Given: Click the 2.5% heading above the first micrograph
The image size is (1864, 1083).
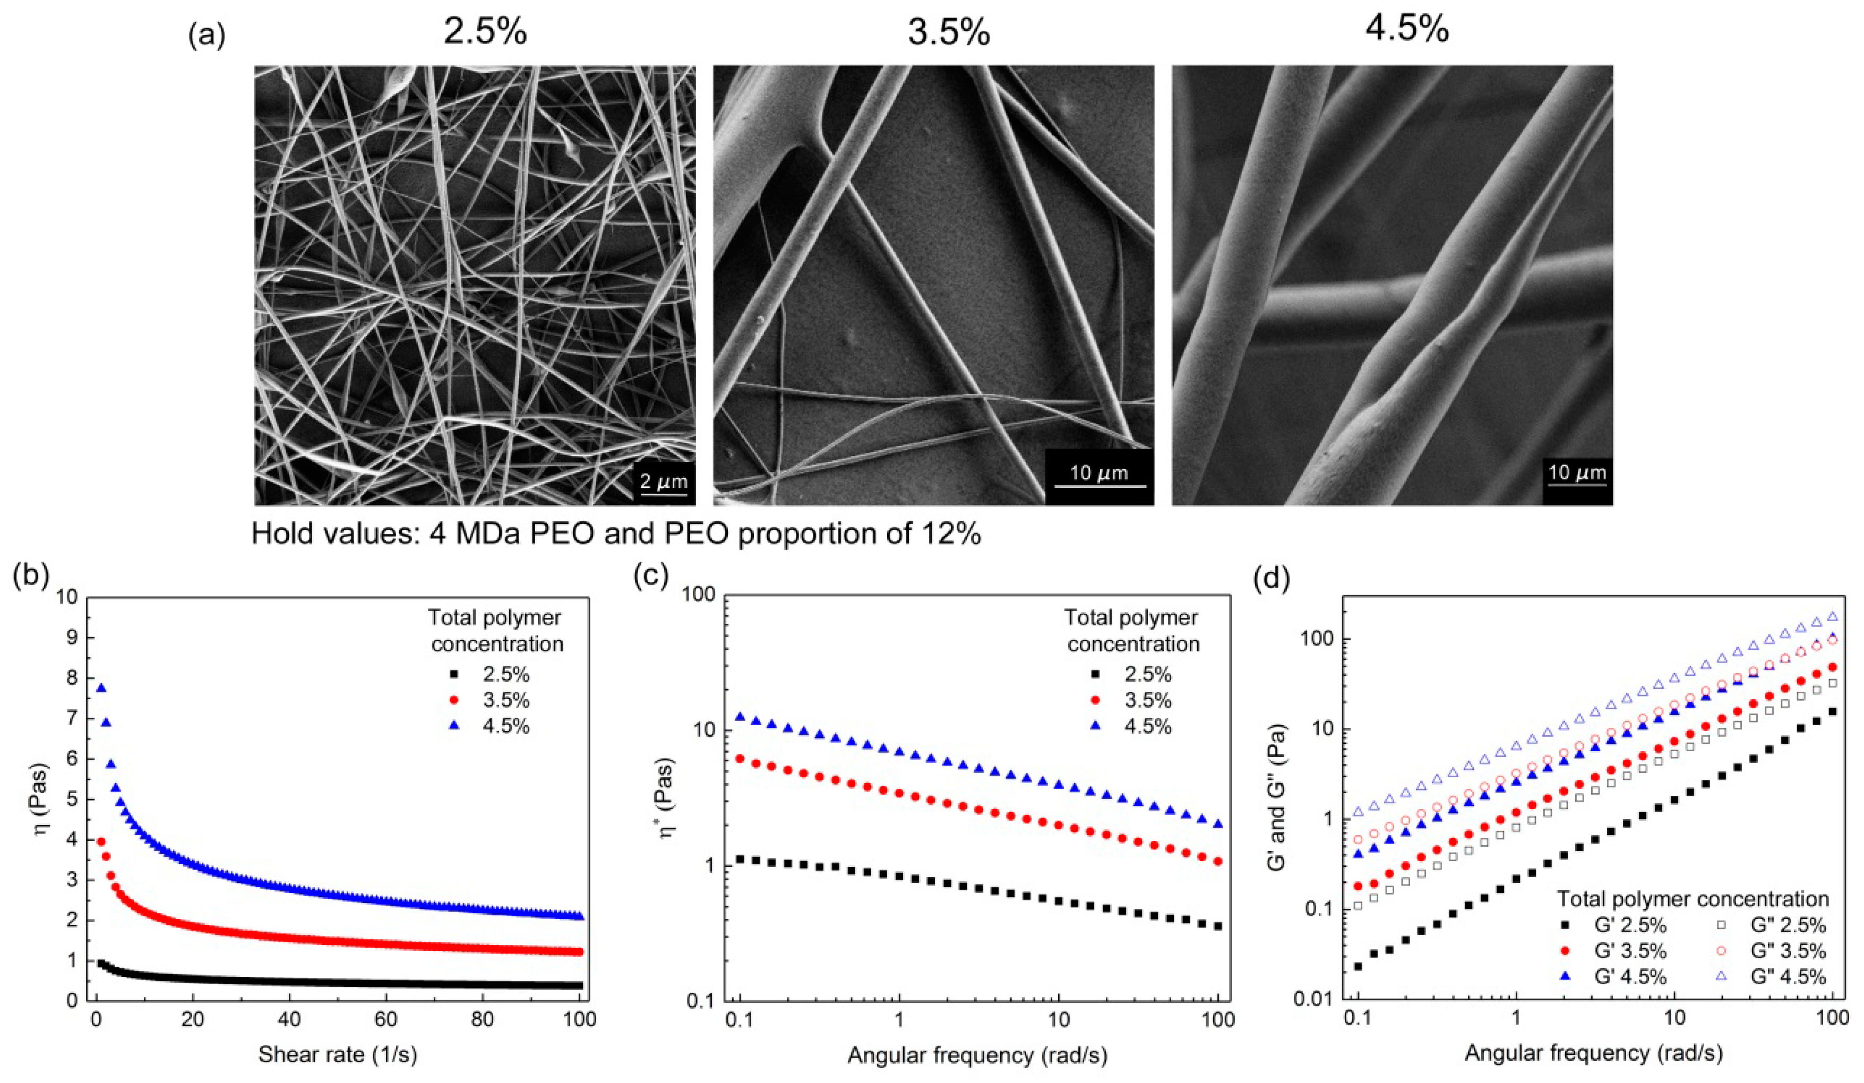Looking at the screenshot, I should pyautogui.click(x=485, y=31).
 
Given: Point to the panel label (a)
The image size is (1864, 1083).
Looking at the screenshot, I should pyautogui.click(x=207, y=35).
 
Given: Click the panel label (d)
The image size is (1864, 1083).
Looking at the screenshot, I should pyautogui.click(x=1270, y=579).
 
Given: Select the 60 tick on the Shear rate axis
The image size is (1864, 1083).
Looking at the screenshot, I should pyautogui.click(x=434, y=1020).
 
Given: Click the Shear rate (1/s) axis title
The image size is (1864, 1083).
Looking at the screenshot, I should pyautogui.click(x=337, y=1054).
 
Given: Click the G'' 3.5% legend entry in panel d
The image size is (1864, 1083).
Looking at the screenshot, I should pyautogui.click(x=1774, y=951).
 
